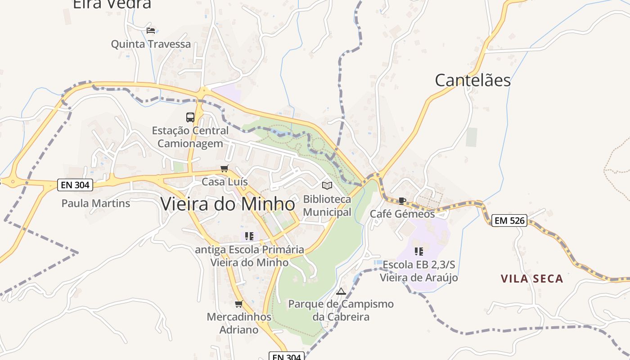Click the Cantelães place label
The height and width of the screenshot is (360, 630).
(x=472, y=80)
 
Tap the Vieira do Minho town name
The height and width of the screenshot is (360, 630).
(x=228, y=204)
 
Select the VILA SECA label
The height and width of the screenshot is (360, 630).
(x=532, y=279)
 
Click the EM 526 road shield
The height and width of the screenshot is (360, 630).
(x=509, y=220)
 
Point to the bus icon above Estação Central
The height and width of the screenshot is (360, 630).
(x=190, y=117)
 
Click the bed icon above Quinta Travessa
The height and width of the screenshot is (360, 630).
(x=151, y=31)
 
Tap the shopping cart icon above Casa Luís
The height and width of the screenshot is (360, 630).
(x=224, y=169)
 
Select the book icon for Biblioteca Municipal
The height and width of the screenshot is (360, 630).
(x=327, y=185)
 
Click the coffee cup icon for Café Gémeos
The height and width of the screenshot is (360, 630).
(x=402, y=201)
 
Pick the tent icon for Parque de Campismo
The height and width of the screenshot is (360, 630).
(x=341, y=291)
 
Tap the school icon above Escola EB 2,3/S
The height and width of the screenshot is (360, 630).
(x=419, y=251)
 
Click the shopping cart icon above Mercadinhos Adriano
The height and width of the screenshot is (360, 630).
(x=239, y=304)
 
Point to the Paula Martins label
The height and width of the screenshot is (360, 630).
(x=96, y=203)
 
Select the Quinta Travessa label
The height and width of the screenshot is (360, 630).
(x=151, y=44)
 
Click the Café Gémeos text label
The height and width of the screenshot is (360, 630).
(x=402, y=214)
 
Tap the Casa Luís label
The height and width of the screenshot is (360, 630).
(x=225, y=182)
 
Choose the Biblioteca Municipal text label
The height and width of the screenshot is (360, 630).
(x=327, y=206)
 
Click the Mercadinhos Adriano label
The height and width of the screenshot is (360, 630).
(x=239, y=323)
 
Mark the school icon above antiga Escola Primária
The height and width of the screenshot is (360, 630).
(x=249, y=236)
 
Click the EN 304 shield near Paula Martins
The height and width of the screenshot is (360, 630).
(x=75, y=184)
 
